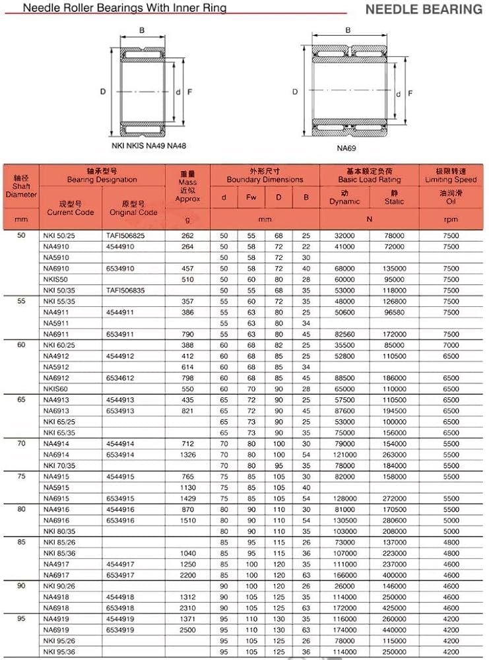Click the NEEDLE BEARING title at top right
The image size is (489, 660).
423,9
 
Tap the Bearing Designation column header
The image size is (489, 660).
102,176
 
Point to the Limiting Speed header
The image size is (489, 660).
451,176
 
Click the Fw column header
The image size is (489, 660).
251,197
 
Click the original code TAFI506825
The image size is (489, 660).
125,235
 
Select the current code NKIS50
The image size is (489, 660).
56,279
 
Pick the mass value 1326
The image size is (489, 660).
187,455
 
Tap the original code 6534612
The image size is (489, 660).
120,378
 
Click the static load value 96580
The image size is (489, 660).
394,312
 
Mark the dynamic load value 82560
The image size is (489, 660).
344,334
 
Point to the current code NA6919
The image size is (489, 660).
55,630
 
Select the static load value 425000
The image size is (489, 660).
394,608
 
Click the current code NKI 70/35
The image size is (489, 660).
58,465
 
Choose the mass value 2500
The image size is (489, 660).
187,630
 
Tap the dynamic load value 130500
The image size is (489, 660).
344,521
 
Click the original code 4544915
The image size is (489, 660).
120,477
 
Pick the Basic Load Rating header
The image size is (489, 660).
369,176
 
